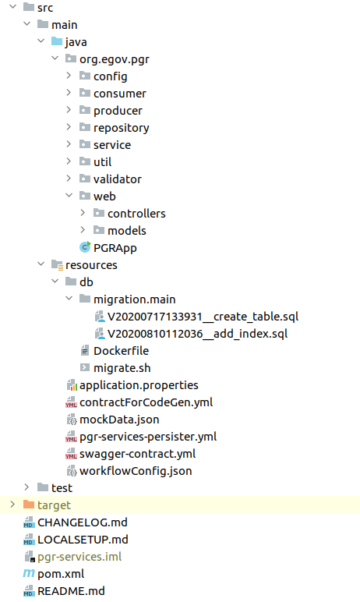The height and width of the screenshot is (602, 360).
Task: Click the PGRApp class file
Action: [115, 248]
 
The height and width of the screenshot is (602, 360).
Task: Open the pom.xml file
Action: [61, 574]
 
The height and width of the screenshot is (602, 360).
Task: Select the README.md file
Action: [71, 591]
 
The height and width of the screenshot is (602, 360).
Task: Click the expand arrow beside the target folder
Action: [12, 505]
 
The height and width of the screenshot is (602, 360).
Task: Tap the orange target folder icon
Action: [29, 505]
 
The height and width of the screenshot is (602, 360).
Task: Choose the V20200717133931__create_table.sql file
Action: [203, 317]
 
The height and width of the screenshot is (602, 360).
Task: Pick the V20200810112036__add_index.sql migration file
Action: [197, 334]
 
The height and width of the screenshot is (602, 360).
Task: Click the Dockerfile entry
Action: [121, 351]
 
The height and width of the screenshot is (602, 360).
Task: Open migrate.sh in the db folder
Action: [122, 368]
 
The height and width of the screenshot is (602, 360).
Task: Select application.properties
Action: [139, 385]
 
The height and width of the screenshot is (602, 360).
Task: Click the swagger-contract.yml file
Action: [137, 454]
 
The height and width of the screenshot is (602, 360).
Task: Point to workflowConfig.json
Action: [136, 471]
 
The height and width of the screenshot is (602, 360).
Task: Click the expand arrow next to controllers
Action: [83, 213]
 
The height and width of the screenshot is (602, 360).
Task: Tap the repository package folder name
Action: [122, 128]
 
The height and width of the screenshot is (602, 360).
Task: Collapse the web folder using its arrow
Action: [69, 196]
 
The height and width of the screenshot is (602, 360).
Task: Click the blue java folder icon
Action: [57, 41]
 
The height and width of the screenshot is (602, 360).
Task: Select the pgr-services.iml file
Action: [79, 557]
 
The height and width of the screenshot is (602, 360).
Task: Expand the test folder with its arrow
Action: [26, 487]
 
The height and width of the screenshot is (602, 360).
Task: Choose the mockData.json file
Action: [119, 420]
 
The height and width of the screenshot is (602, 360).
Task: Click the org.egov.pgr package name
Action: [115, 59]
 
